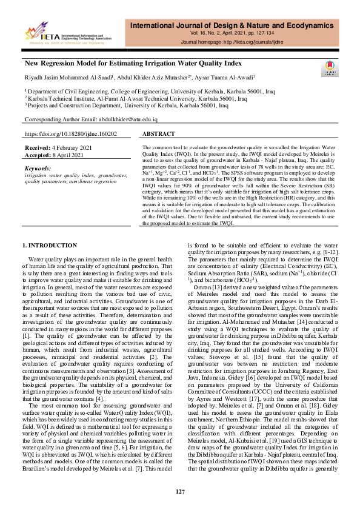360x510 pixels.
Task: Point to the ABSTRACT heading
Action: pos(159,133)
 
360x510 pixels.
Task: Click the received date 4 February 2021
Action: pos(75,147)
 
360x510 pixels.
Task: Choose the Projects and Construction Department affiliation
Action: pos(127,104)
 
